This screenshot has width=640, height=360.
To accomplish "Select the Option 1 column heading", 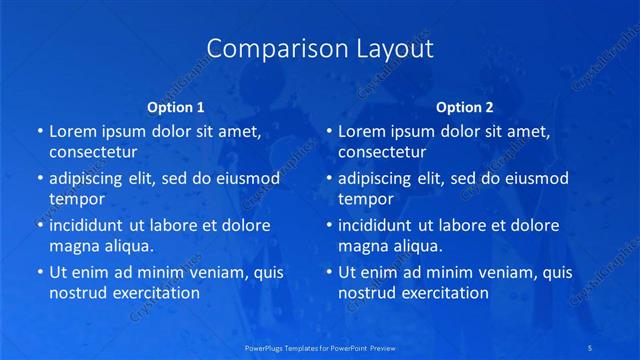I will tap(176, 107).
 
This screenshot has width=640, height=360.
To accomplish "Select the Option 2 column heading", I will tap(465, 107).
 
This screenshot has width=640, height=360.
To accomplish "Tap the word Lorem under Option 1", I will tap(72, 131).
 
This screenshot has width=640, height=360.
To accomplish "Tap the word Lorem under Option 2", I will tap(361, 131).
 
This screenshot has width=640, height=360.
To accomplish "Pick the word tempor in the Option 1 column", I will tap(77, 199).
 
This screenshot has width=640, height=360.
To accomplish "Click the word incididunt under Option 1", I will tap(91, 225).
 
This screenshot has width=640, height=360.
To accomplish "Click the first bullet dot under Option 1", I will tap(40, 131).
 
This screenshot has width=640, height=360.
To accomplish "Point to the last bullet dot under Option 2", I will tap(329, 272).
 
